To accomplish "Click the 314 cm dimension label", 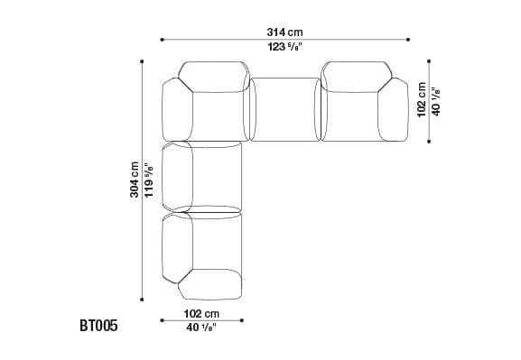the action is point(284,32).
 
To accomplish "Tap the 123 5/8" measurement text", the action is point(285,47).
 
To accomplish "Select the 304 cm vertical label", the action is point(135,180).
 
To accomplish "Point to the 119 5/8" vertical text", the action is point(148,180).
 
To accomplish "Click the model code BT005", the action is point(98,326).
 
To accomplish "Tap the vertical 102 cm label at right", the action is point(422,99).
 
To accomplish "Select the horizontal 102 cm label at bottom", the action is point(201,313).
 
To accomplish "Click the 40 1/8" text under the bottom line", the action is point(201,328).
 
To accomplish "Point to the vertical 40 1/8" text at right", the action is point(435,101).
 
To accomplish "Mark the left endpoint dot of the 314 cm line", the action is point(163,40).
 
